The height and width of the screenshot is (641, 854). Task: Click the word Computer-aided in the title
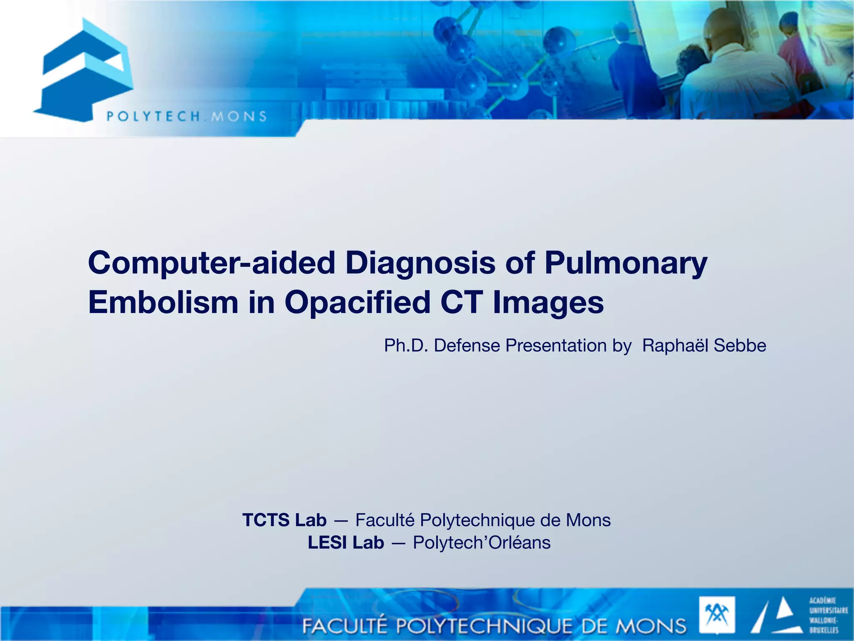[211, 263]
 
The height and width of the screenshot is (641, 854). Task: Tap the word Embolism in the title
[163, 303]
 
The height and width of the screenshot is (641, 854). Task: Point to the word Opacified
[357, 303]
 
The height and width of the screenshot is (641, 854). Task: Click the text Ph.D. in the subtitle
[406, 346]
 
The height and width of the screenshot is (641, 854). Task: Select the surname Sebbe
[740, 346]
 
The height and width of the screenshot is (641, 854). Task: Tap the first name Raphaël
[675, 346]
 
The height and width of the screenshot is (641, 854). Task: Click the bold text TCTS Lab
[284, 520]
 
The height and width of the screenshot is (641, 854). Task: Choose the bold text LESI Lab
[346, 543]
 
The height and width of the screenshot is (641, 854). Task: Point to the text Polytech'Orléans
[482, 543]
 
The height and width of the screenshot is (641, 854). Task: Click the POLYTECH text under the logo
[153, 116]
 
